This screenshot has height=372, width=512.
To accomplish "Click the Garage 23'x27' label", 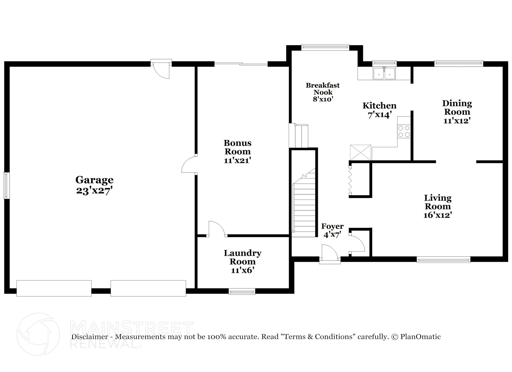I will pyautogui.click(x=94, y=185).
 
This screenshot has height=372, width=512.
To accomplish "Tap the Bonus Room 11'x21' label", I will pyautogui.click(x=237, y=151).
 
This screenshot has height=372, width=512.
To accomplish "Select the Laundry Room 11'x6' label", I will pyautogui.click(x=242, y=261).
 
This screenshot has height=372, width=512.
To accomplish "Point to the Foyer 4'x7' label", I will pyautogui.click(x=332, y=230).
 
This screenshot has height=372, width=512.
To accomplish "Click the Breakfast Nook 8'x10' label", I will pyautogui.click(x=323, y=92).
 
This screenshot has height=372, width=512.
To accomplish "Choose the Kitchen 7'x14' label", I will pyautogui.click(x=379, y=110).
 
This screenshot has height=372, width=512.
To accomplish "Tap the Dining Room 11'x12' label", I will pyautogui.click(x=457, y=112).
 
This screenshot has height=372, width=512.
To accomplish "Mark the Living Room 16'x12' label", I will pyautogui.click(x=438, y=206).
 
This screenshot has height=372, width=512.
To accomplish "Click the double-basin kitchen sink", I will pyautogui.click(x=384, y=73).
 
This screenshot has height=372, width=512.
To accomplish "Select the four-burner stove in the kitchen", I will pyautogui.click(x=404, y=131).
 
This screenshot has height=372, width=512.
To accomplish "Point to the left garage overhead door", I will pyautogui.click(x=54, y=288).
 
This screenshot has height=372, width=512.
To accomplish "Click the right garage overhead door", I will pyautogui.click(x=148, y=288).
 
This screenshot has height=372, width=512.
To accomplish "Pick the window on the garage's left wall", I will pyautogui.click(x=6, y=185).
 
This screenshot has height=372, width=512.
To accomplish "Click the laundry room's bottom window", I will pyautogui.click(x=242, y=291).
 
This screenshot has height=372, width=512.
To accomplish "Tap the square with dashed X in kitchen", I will pyautogui.click(x=360, y=152).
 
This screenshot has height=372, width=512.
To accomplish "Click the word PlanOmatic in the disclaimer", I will pyautogui.click(x=420, y=337).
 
